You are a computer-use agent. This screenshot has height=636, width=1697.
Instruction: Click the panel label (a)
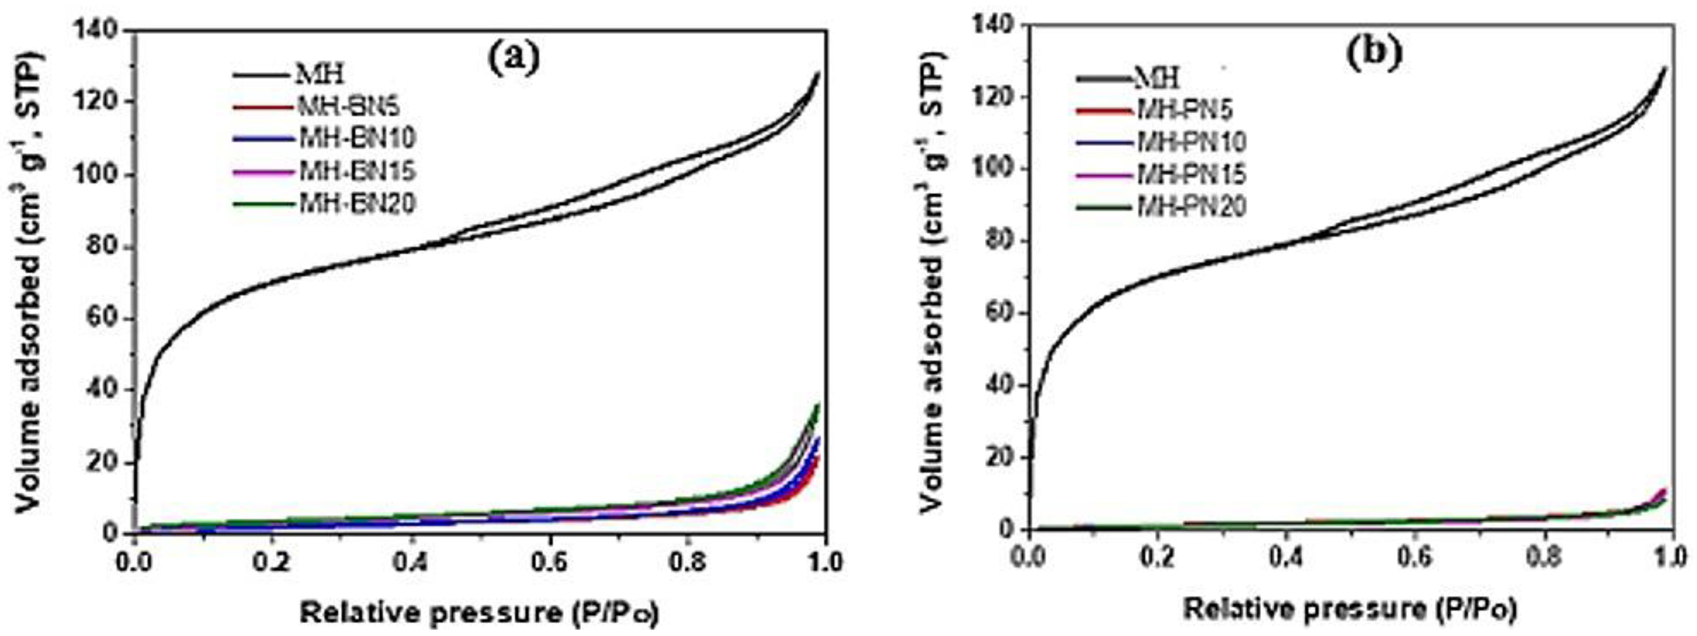tap(513, 58)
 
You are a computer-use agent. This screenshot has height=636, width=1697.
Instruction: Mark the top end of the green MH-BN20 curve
tap(818, 405)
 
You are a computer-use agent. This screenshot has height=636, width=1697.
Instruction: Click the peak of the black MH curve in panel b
tap(1677, 69)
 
